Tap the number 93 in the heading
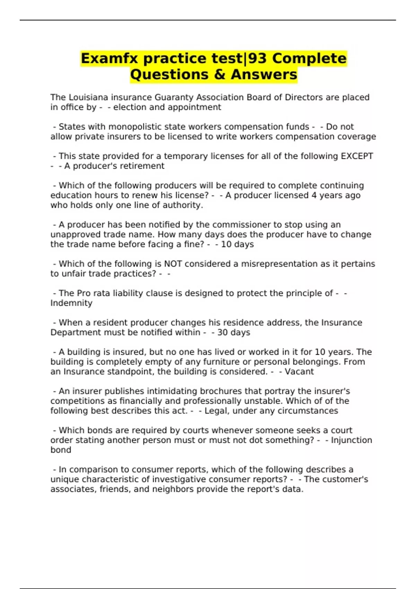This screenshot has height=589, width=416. (x=258, y=59)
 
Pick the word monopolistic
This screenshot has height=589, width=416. (x=130, y=127)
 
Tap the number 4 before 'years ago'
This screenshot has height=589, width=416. (x=314, y=195)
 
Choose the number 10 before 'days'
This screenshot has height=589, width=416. (x=226, y=244)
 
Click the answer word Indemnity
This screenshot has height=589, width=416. (x=71, y=303)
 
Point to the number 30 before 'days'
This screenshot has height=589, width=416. (x=222, y=333)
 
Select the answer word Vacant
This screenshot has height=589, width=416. (x=299, y=372)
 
